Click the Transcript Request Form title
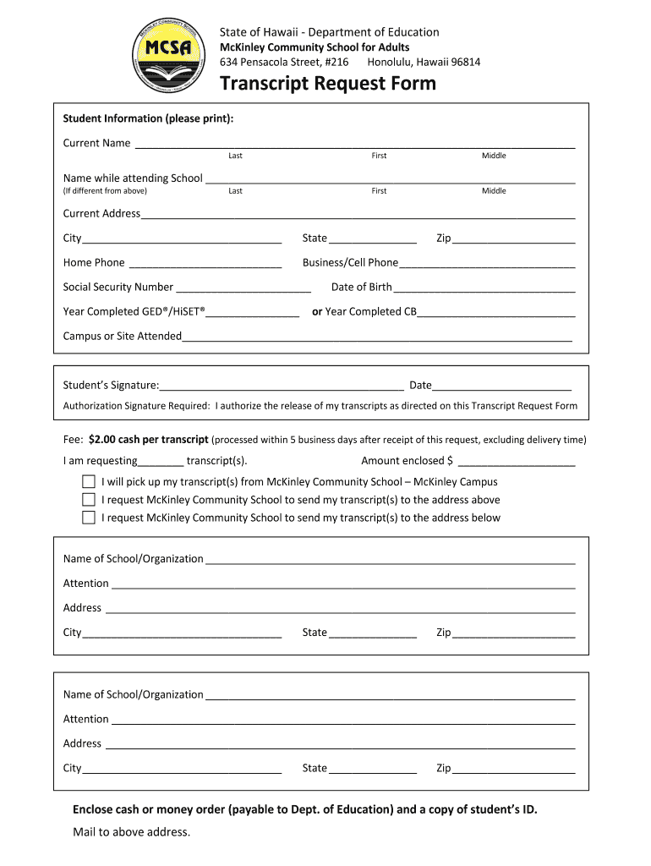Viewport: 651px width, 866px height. click(328, 84)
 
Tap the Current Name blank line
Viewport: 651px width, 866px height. click(355, 143)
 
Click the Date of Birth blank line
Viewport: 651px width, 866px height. click(484, 288)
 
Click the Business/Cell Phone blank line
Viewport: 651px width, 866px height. click(487, 263)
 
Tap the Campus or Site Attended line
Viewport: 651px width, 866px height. click(377, 337)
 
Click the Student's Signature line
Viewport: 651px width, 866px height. click(282, 386)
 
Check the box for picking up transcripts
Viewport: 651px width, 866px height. click(89, 482)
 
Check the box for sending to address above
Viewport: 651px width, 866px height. click(89, 500)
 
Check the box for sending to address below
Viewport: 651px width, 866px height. click(89, 518)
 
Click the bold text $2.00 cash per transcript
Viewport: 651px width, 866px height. click(148, 440)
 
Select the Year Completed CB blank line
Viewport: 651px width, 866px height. click(496, 312)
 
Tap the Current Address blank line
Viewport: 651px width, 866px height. click(358, 214)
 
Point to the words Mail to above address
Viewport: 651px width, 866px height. click(132, 832)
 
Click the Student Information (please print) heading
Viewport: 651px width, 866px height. click(148, 118)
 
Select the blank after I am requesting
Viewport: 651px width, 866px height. click(161, 462)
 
